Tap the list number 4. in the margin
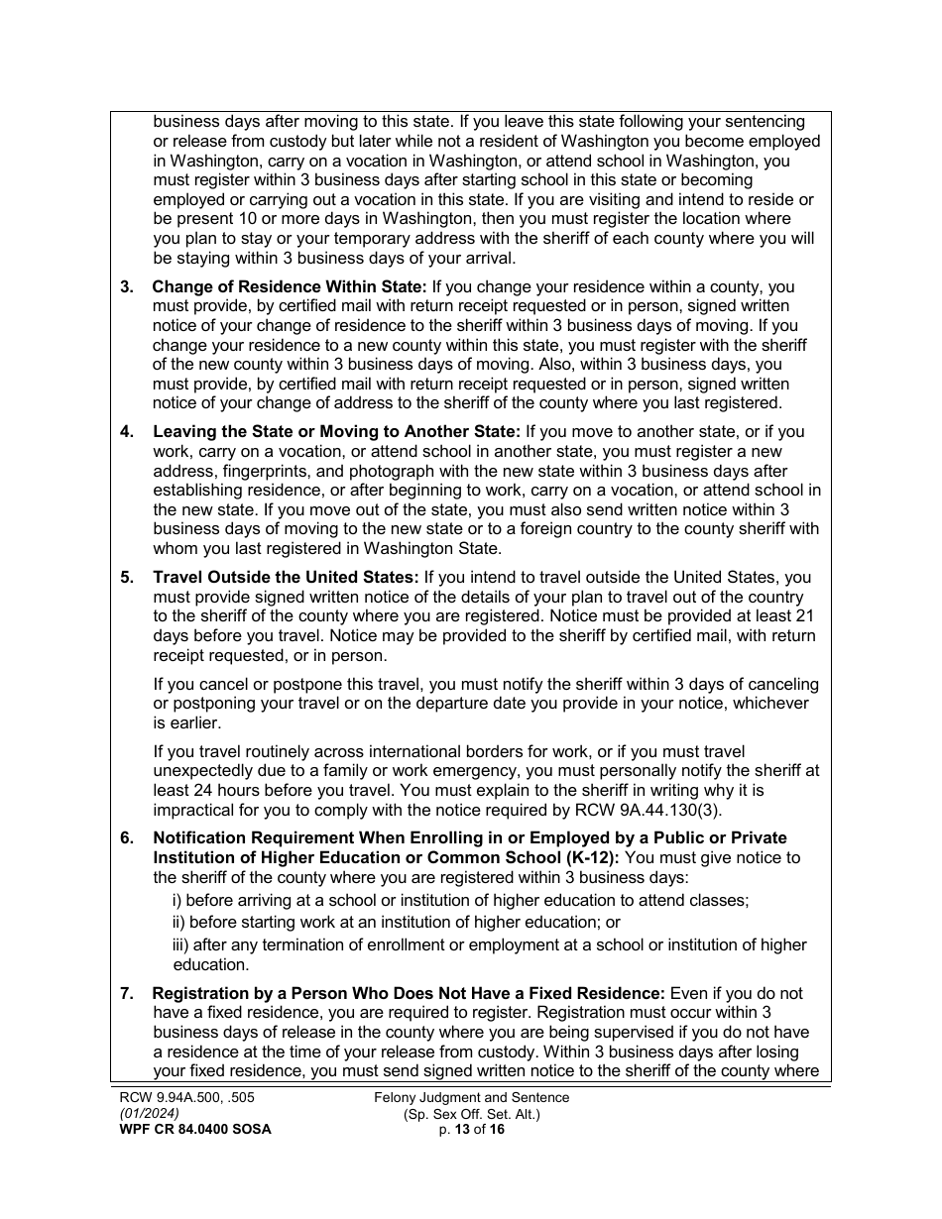tap(127, 432)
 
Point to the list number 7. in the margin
tap(127, 993)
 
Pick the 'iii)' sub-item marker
tap(181, 944)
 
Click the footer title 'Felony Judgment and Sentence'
tap(472, 1097)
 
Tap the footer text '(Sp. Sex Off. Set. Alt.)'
tap(472, 1113)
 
